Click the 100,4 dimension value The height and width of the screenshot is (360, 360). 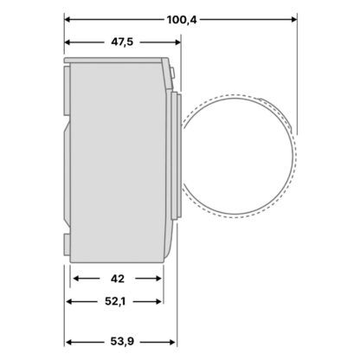click(182, 20)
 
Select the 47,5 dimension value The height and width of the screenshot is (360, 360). click(122, 42)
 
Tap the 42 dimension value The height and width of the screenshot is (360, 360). click(118, 279)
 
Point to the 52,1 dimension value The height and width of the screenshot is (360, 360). click(115, 302)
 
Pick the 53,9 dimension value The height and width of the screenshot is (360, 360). click(122, 342)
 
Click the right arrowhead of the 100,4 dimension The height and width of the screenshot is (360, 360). click(294, 20)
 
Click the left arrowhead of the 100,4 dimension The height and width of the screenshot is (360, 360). click(67, 20)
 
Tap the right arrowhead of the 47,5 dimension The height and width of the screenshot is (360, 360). click(177, 42)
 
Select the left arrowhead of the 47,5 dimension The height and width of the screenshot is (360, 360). click(67, 42)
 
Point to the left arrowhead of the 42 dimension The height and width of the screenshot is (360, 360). click(77, 279)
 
